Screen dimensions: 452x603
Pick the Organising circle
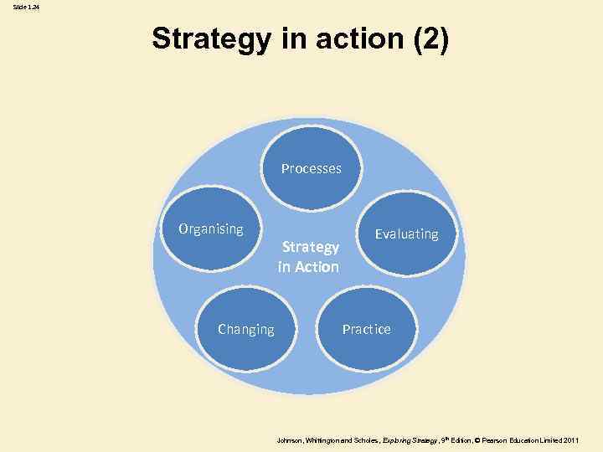tap(211, 239)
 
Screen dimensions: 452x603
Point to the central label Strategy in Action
tap(311, 257)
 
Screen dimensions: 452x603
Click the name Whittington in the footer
tap(325, 439)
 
